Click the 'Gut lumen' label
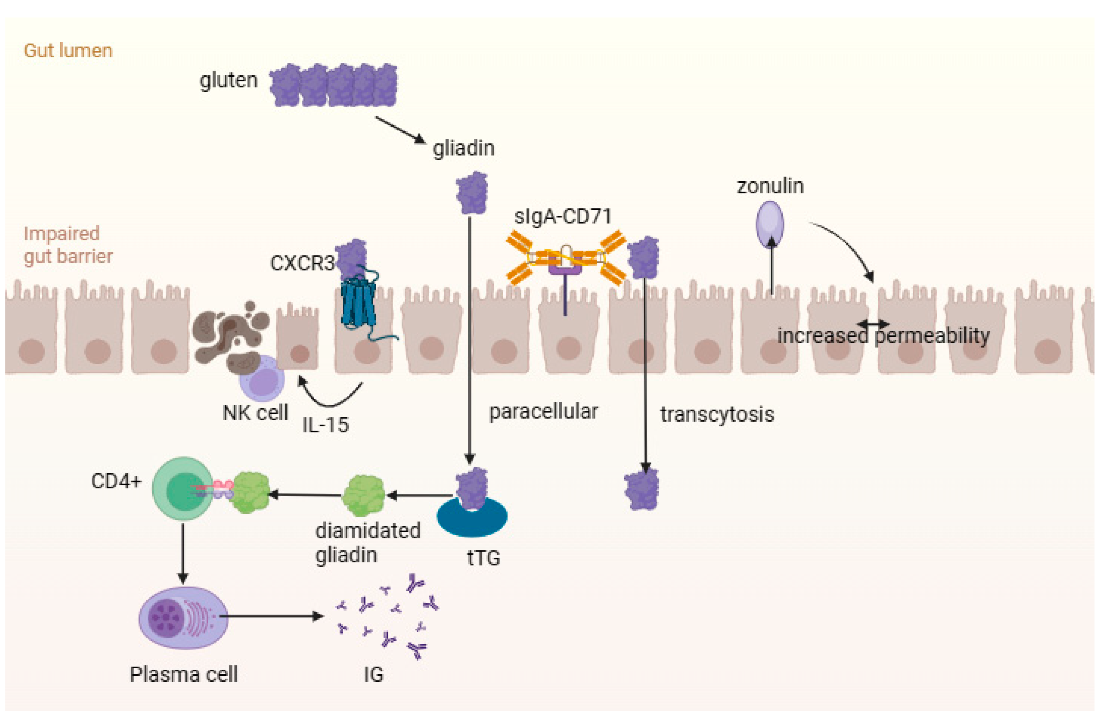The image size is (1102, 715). tap(68, 50)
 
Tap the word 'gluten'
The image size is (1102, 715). tap(228, 81)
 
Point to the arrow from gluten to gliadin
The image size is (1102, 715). tap(399, 130)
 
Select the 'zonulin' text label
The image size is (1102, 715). tap(770, 186)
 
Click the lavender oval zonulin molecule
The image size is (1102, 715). tap(770, 224)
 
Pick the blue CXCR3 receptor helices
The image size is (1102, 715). tap(358, 303)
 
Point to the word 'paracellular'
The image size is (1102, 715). tap(543, 411)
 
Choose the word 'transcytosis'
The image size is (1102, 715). tap(717, 414)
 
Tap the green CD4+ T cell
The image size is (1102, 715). tap(182, 488)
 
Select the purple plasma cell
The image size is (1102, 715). tap(183, 617)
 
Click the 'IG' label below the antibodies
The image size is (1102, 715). tap(373, 675)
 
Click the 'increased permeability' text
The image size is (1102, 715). tap(883, 336)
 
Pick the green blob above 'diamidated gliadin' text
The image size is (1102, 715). tap(363, 496)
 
